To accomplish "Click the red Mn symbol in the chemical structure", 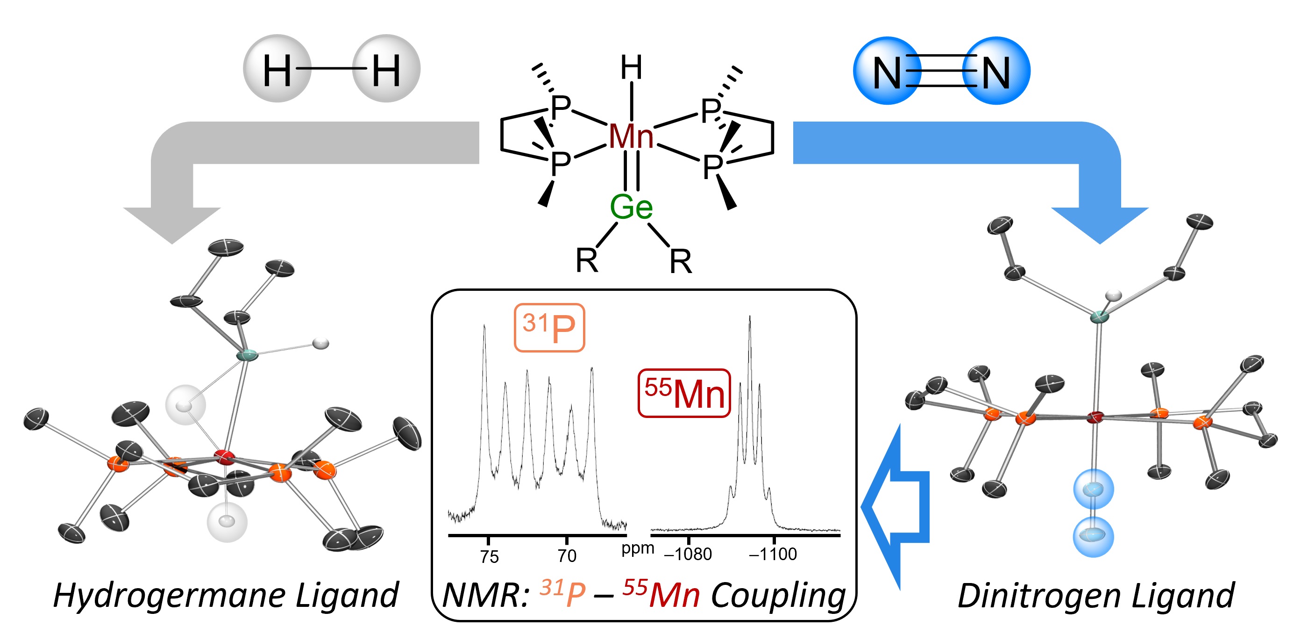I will coord(631,136).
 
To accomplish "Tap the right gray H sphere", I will coord(386,69).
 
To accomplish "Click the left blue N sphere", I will coord(887,71).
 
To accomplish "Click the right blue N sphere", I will coord(996,71).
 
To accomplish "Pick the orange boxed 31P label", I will coord(549,328).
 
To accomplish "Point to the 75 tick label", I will coord(489,556).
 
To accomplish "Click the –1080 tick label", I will coord(688,554).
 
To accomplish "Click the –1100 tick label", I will coord(773,554).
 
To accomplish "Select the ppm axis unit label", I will coord(638,548).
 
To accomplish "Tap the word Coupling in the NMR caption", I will coord(778,596).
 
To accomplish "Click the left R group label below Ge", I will coord(586,260).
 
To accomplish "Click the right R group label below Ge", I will coord(680,261).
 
